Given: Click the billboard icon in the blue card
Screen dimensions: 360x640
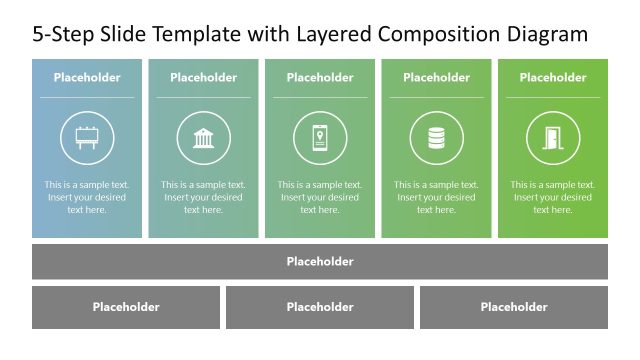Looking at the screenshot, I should tap(87, 138).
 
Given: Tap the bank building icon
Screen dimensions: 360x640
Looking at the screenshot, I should tap(203, 138).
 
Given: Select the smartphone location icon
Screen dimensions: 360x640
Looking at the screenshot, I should tap(320, 138).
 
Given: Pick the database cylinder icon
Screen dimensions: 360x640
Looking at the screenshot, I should tap(436, 138).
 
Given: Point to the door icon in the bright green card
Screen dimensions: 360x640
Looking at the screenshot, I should tap(553, 138).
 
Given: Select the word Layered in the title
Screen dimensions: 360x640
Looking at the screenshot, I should tap(333, 35).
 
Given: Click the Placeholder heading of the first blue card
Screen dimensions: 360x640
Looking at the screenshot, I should tap(87, 78).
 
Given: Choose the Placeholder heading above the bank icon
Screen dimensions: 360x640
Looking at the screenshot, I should tap(203, 78).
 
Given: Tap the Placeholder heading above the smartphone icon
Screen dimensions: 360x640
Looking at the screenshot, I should tap(320, 78).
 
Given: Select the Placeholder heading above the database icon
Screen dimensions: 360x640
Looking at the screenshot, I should tap(436, 78).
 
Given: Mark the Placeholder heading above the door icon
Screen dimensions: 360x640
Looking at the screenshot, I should tap(553, 78).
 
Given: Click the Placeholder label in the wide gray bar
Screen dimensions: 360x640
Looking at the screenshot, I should tap(320, 262).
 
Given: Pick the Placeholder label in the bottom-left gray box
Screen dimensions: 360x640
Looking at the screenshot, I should tap(126, 308).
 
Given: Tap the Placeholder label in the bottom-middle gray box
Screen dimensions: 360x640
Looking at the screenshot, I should tap(320, 308).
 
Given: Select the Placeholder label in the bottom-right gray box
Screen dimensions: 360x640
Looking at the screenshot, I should tap(514, 308).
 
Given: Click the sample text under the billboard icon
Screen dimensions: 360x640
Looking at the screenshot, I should tap(87, 197).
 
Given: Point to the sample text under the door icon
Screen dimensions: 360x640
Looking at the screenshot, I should tap(553, 197).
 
